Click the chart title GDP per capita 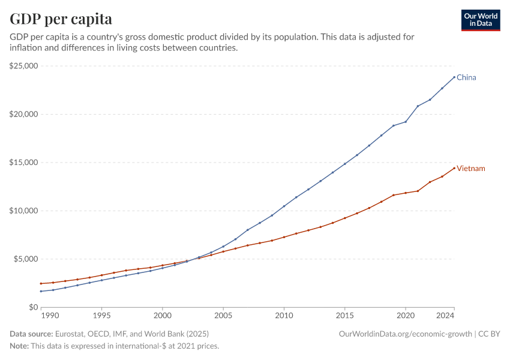coord(61,19)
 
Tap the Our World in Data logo coord(481,20)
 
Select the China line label coord(466,77)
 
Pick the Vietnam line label coord(471,169)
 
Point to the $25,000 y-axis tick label coord(24,66)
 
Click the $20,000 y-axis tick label coord(24,114)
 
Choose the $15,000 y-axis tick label coord(24,163)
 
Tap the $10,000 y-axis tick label coord(24,211)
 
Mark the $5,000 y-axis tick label coord(26,259)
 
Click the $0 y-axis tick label coord(33,307)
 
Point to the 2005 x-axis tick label coord(223,316)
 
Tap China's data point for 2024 coord(454,77)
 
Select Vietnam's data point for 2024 coord(454,167)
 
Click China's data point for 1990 coord(41,292)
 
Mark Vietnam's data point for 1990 coord(41,284)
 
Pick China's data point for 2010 coord(284,206)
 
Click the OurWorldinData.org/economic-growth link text coord(406,334)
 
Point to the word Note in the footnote coord(19,346)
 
